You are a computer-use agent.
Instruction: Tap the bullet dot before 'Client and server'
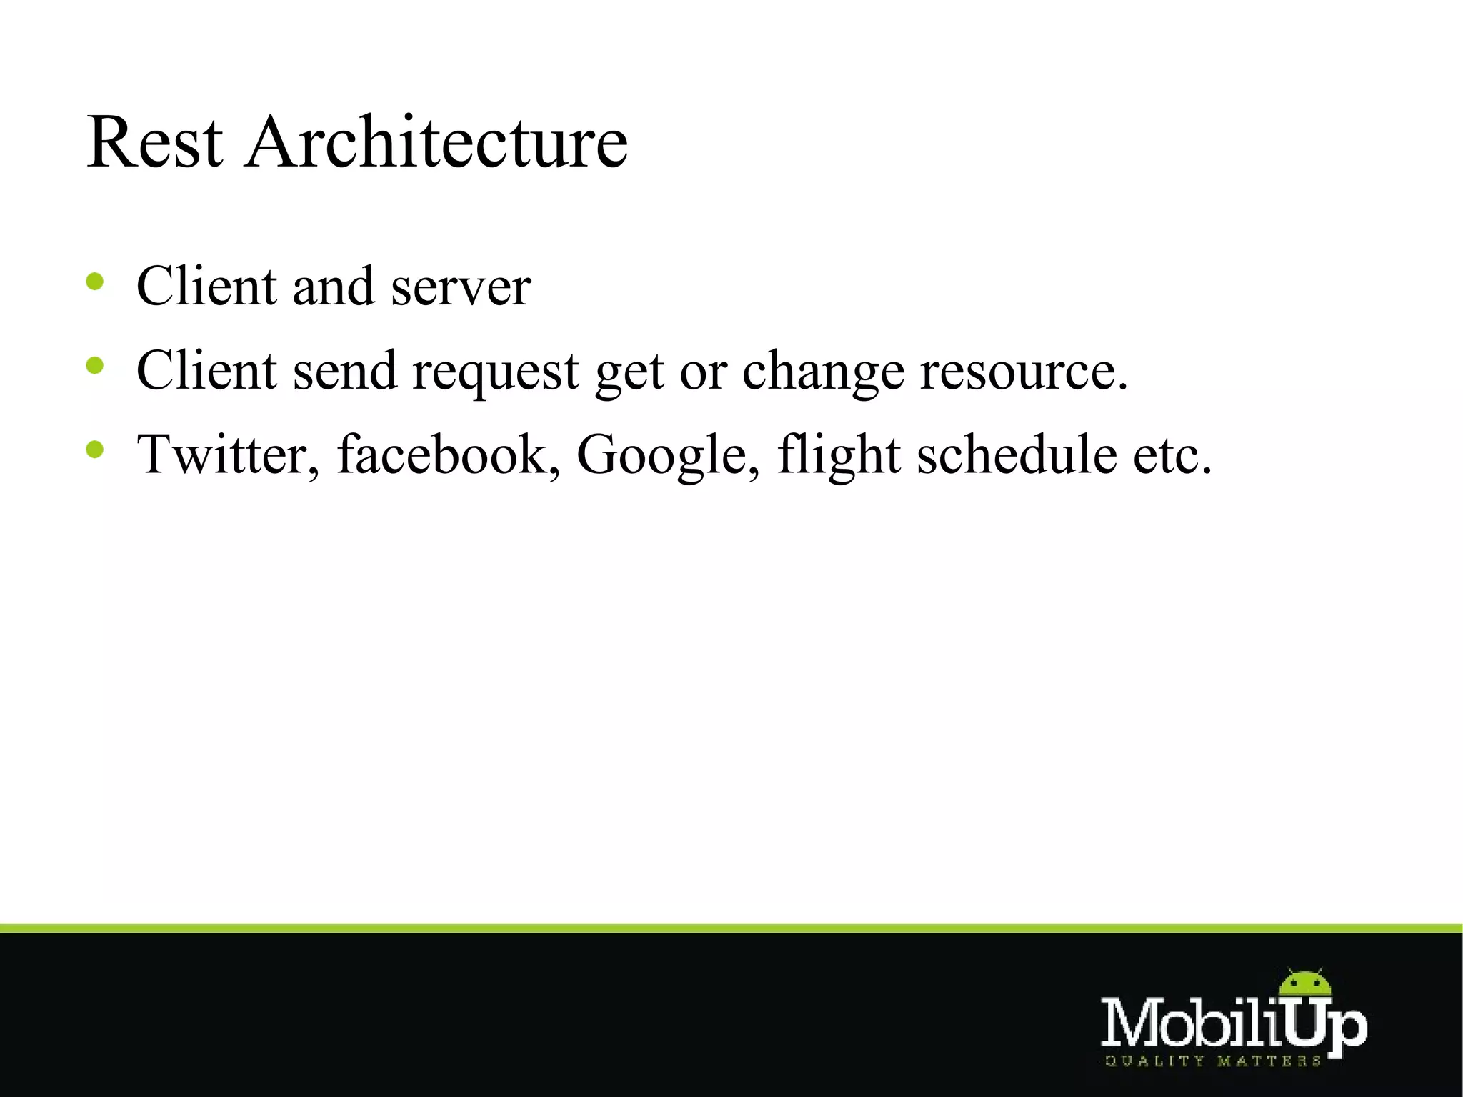94,282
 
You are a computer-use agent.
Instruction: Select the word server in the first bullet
461,287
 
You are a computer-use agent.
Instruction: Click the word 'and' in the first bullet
333,287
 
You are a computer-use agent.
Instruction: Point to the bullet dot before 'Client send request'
94,366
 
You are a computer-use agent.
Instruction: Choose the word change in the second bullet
823,372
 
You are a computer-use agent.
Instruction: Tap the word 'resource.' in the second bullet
1024,372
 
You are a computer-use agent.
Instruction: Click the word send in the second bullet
344,372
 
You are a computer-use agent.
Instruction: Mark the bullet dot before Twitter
94,450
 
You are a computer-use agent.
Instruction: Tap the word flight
838,455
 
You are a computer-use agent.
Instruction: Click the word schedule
1017,455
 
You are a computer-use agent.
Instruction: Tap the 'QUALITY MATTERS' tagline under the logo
1212,1061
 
